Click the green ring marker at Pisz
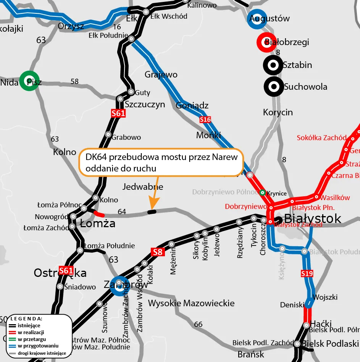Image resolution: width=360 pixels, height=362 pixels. (x=29, y=81)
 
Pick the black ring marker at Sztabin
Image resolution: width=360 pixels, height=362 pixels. (x=273, y=65)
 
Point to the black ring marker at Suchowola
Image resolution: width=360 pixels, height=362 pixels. (x=273, y=87)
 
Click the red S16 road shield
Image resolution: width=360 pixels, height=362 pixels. (x=205, y=120)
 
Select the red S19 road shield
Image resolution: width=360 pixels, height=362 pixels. (x=307, y=273)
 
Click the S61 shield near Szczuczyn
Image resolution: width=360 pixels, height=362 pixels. (x=118, y=113)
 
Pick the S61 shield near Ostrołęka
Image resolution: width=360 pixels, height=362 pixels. (x=66, y=271)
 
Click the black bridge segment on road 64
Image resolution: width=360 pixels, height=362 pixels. (x=152, y=212)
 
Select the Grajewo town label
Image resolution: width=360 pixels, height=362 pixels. (x=161, y=74)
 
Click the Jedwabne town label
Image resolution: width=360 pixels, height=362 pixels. (x=143, y=187)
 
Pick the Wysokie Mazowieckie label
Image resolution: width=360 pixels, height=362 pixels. (x=191, y=303)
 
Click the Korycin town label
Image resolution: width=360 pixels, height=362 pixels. (x=278, y=112)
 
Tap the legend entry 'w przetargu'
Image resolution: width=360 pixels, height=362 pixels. (x=32, y=339)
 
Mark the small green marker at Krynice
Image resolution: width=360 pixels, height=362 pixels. (x=263, y=193)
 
